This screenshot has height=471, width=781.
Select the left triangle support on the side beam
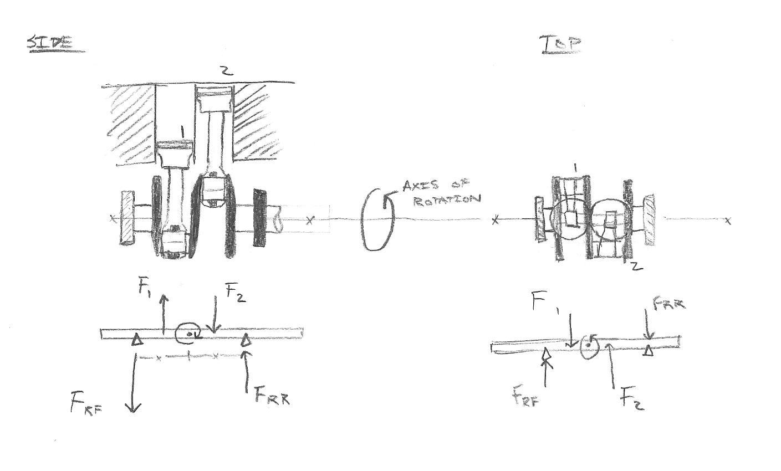pos(136,341)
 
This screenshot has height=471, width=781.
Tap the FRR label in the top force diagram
pos(668,304)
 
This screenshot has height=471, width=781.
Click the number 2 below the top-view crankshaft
pos(636,265)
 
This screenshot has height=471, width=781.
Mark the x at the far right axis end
pos(728,221)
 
